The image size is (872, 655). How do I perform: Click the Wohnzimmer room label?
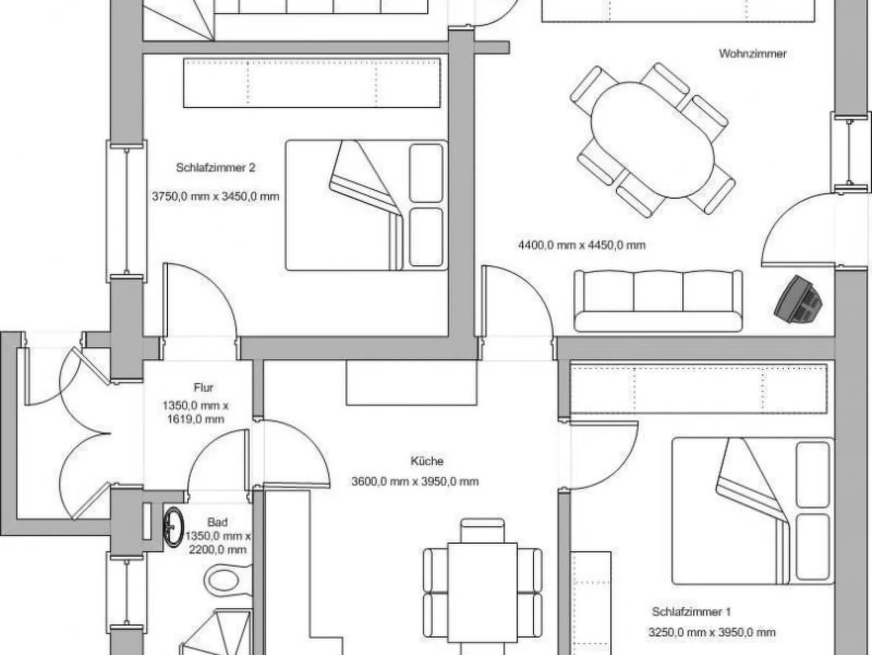click(753, 54)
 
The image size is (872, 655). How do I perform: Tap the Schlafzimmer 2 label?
click(216, 167)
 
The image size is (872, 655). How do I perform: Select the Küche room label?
click(427, 461)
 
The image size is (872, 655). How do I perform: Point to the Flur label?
click(204, 388)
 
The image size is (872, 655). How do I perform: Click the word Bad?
click(217, 522)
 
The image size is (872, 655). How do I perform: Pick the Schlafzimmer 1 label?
click(691, 612)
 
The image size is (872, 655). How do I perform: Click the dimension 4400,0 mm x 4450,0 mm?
click(582, 245)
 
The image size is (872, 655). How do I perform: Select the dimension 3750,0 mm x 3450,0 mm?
click(216, 196)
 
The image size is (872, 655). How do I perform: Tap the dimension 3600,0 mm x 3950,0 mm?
click(415, 482)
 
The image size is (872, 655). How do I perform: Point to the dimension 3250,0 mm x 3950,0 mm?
click(712, 632)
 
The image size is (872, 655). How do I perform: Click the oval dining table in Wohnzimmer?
click(653, 140)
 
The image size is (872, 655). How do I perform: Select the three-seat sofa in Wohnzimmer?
click(658, 301)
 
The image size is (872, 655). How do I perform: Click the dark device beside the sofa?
click(798, 299)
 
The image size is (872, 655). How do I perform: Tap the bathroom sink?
click(174, 527)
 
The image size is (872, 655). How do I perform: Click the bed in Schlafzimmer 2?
click(367, 205)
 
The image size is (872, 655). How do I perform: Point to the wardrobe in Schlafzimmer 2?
click(312, 83)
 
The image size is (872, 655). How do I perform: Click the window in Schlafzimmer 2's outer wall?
click(127, 211)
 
